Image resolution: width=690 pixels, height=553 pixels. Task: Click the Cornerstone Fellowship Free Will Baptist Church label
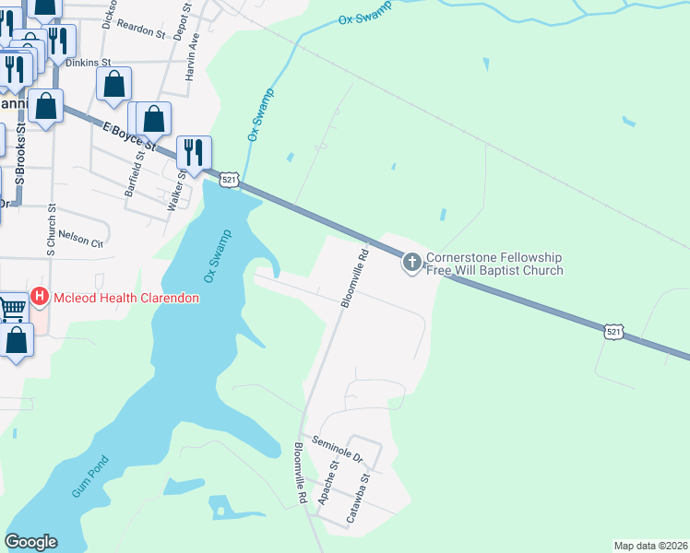click(494, 264)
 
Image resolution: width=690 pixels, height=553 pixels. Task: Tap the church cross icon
click(411, 264)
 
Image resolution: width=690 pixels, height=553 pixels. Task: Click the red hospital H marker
click(40, 297)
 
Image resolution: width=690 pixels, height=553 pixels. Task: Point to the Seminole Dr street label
click(338, 449)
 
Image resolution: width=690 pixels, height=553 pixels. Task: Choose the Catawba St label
click(358, 499)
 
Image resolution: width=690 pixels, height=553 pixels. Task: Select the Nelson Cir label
click(80, 238)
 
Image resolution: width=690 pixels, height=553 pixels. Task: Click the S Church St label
click(52, 229)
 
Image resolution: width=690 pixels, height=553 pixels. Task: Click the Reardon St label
click(142, 29)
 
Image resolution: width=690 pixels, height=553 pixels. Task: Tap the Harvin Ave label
click(193, 57)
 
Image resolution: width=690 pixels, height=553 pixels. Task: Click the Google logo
click(30, 542)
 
